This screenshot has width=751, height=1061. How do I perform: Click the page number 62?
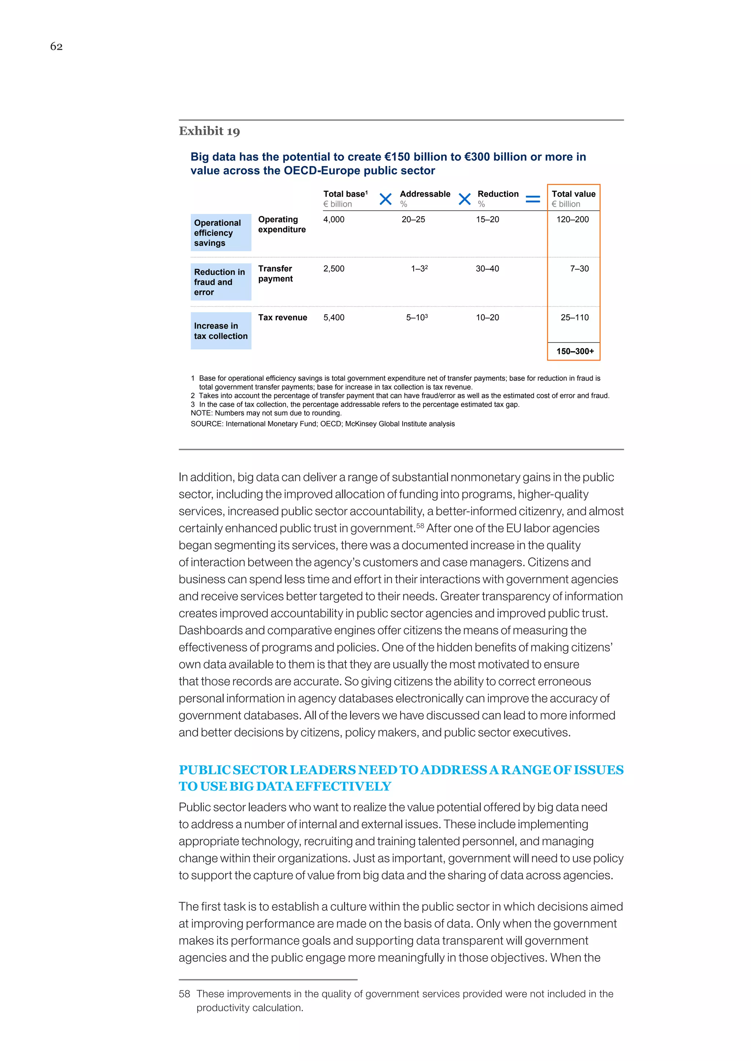point(56,46)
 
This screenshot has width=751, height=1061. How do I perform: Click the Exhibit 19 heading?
point(209,131)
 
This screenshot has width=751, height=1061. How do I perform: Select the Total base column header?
point(345,194)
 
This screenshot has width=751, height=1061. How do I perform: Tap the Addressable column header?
point(425,194)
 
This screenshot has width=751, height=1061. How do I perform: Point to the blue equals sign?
point(533,199)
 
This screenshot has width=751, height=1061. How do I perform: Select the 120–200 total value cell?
point(572,219)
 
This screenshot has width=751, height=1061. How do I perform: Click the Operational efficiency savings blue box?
point(221,232)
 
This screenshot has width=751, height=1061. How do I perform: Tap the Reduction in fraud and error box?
point(221,282)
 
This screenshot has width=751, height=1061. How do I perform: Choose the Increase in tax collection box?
point(221,331)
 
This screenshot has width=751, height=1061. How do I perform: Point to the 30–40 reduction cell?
point(487,269)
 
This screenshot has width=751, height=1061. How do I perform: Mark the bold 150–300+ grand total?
point(575,351)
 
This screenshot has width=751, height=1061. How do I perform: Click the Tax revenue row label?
point(283,318)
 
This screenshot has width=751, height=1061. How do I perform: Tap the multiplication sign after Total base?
point(385,199)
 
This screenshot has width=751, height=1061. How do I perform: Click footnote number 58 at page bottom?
point(184,994)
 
